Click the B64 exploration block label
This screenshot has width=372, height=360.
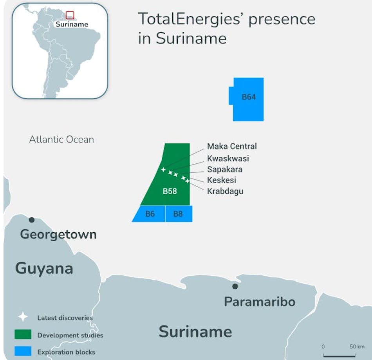point(249,97)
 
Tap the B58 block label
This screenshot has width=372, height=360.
point(170,192)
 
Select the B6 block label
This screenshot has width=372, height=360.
point(150,214)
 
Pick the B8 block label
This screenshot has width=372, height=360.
point(178,214)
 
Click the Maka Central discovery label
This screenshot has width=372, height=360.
point(232,147)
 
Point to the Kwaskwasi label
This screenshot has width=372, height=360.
point(228,159)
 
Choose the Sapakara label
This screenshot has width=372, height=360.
point(225,170)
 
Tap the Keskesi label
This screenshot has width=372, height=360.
point(222,181)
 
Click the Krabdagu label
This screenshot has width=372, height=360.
point(225,192)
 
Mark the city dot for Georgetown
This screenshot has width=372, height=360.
point(32,220)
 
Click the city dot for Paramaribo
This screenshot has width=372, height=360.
point(235,286)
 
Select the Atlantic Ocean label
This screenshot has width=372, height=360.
point(61,139)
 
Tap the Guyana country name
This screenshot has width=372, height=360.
point(44,269)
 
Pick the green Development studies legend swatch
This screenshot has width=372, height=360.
point(23,335)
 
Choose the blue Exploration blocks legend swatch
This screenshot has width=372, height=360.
point(23,351)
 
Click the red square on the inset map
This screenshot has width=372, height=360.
point(70,15)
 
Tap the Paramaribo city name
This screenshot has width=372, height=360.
point(260,302)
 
